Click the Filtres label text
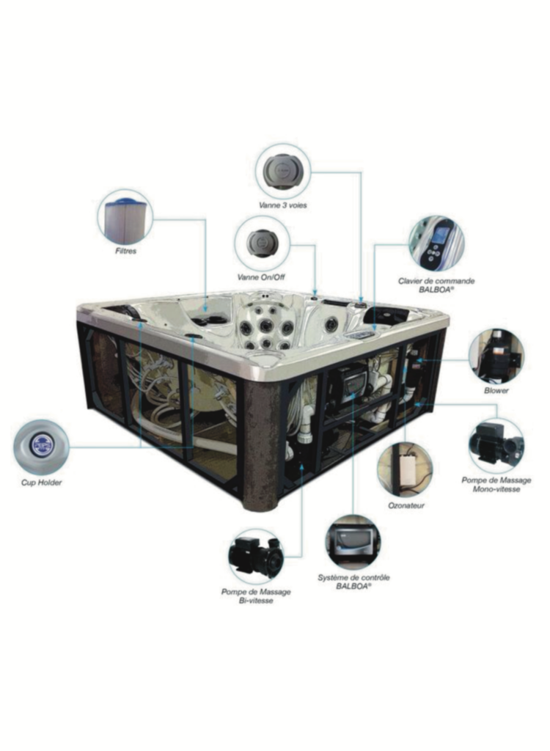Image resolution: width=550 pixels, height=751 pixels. (126, 251)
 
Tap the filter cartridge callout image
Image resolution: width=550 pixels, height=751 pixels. (125, 216)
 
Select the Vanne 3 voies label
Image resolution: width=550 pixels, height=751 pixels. (282, 205)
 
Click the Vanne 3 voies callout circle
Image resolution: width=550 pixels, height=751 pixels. (283, 170)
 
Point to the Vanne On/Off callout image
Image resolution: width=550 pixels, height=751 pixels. (263, 242)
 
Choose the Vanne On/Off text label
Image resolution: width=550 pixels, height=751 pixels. (262, 276)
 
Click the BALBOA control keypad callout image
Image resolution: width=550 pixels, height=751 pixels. (436, 244)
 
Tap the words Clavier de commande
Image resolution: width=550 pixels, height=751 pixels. (436, 281)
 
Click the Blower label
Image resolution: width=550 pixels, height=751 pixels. (496, 390)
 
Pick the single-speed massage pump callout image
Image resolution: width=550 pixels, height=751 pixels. (496, 445)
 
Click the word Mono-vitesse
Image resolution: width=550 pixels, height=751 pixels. (496, 489)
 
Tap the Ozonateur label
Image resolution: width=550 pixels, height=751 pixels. (406, 505)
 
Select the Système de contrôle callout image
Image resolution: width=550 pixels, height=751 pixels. (353, 542)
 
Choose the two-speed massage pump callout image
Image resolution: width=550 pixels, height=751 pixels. (256, 557)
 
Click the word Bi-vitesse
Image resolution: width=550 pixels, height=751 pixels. (256, 601)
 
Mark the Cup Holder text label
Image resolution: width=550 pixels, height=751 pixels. (41, 483)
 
